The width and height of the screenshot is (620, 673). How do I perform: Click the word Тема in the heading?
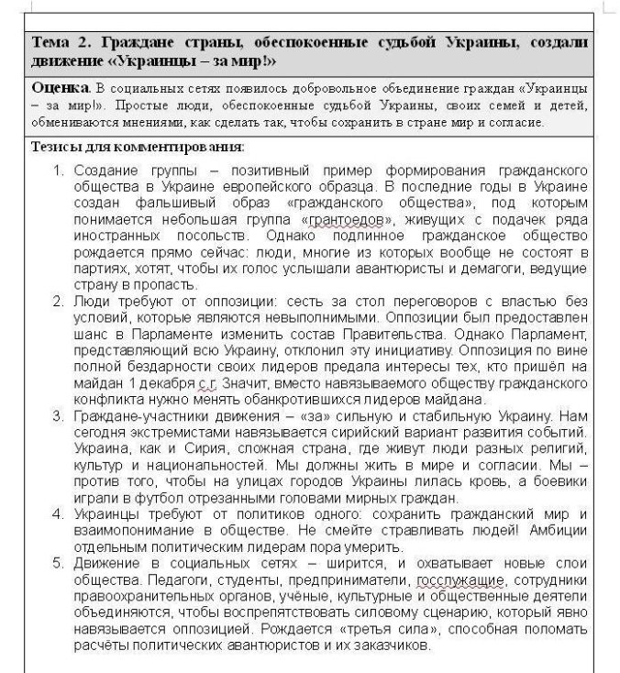click(50, 43)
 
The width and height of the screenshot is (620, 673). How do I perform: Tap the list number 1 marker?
click(55, 171)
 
